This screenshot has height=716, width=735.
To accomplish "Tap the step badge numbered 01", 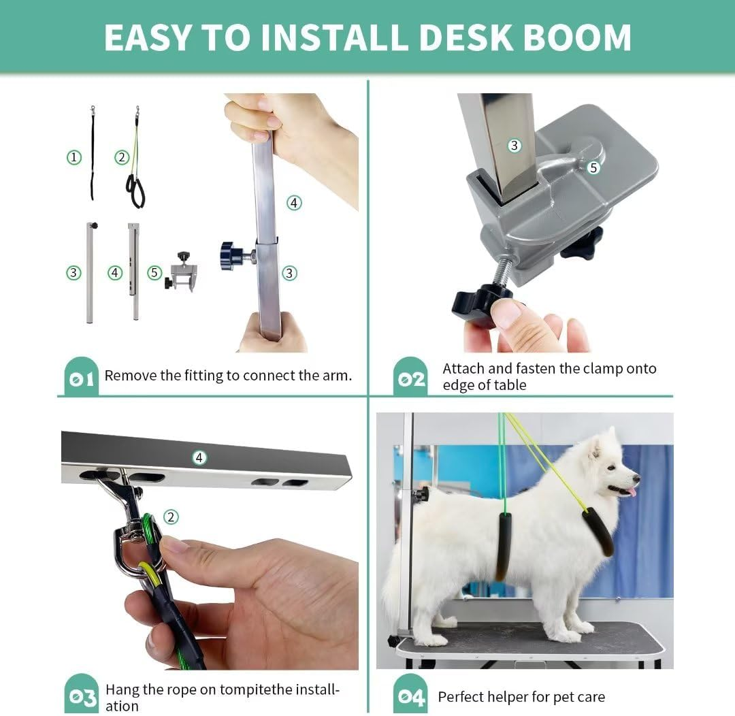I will pos(81,378).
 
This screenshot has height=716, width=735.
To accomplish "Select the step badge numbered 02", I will pos(411,378).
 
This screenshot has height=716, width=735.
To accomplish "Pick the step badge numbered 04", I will pos(411,697).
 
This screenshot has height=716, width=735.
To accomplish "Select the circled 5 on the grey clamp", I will pos(593,167).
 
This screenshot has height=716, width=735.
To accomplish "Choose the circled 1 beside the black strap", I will pos(74,158).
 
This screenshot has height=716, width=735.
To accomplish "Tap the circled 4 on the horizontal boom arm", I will pos(199,457).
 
